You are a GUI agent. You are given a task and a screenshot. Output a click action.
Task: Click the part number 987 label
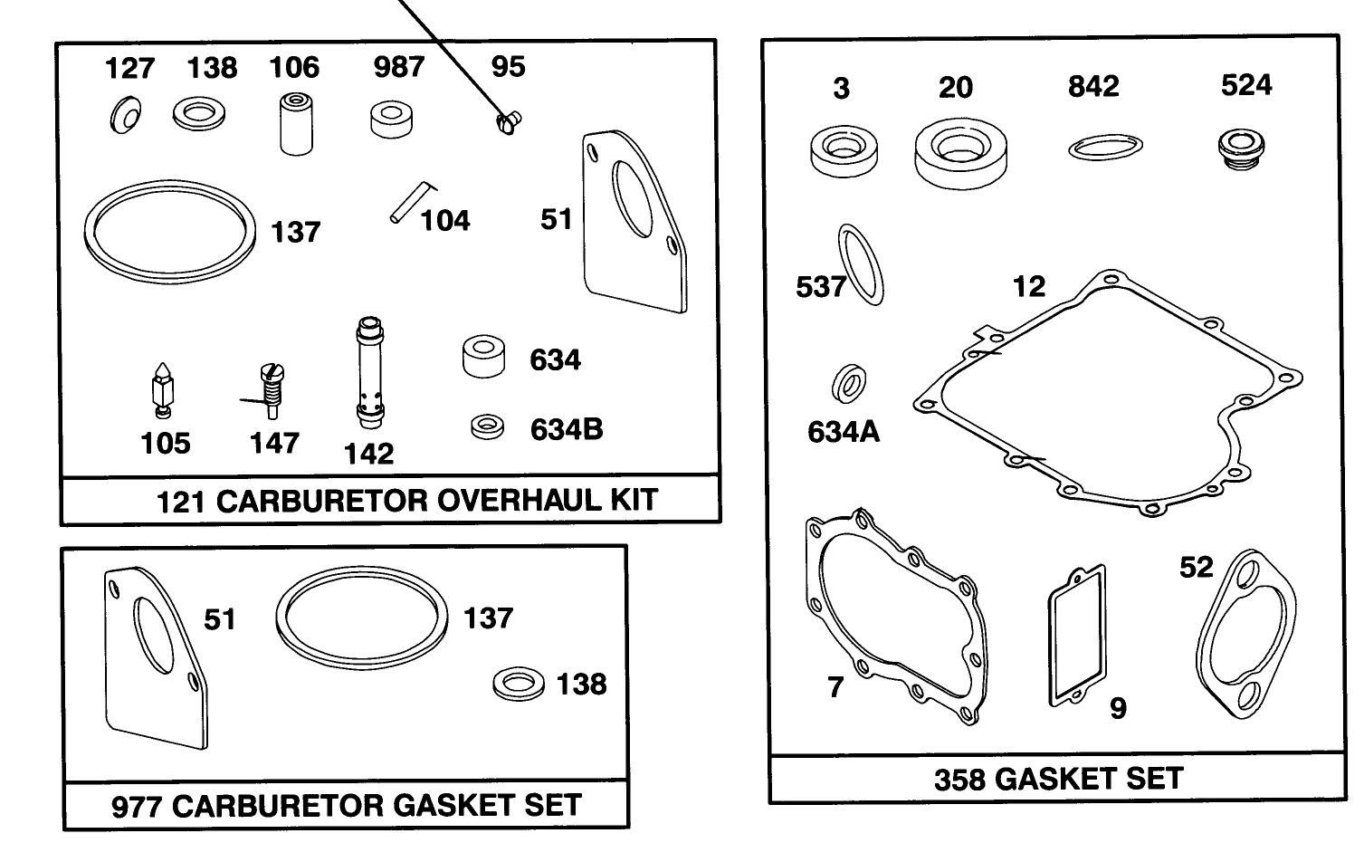[398, 66]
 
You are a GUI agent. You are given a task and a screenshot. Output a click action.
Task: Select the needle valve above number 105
[163, 389]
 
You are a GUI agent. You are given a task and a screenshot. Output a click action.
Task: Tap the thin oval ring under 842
[1104, 147]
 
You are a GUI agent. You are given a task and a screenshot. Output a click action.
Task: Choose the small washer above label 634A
[849, 384]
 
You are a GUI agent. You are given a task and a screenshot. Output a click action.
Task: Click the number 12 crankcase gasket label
[1029, 286]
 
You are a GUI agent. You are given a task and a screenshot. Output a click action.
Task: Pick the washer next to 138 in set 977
[519, 684]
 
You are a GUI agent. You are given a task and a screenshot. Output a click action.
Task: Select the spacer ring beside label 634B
[488, 426]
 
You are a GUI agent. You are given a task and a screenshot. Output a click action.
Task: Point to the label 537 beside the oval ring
[820, 286]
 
